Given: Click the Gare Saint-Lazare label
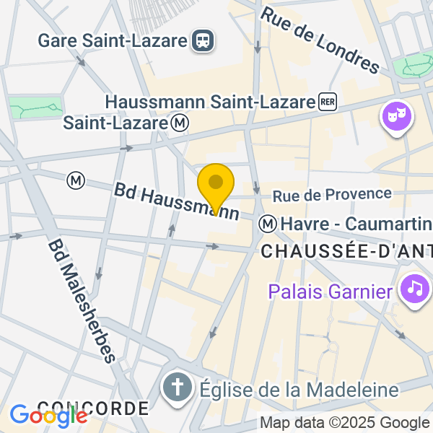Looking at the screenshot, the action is [x=113, y=40].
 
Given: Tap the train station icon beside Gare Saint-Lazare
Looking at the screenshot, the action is [x=204, y=40].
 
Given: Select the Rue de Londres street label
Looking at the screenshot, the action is [x=320, y=40].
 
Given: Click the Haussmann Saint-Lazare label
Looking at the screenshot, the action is [x=210, y=102].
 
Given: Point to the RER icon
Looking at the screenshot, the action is [x=328, y=102].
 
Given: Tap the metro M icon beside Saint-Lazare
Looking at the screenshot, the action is [x=180, y=123].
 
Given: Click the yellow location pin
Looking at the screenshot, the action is [x=215, y=185].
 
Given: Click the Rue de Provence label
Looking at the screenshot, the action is [x=332, y=194].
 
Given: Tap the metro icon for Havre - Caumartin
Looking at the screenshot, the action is [x=268, y=224].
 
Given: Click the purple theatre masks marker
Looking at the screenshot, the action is [x=395, y=116].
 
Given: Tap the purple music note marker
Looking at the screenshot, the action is [x=416, y=289].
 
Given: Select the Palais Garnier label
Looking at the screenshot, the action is [x=331, y=292].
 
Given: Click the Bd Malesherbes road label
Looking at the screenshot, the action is [x=82, y=301].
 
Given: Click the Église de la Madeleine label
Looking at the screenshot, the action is [x=297, y=390].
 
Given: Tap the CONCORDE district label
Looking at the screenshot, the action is [x=92, y=408].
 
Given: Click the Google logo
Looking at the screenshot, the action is [x=48, y=416].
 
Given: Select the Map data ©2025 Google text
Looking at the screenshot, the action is [x=344, y=423].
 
